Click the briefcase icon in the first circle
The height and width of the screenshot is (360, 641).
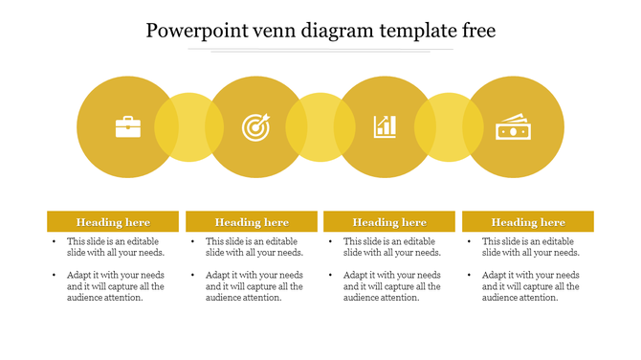(128, 126)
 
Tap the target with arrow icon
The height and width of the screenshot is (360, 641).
(255, 126)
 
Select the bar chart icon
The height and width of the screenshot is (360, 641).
(385, 126)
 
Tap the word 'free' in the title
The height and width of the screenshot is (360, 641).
(477, 31)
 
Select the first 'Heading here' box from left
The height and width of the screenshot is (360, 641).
(113, 222)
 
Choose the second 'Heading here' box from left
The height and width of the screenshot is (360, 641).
(252, 222)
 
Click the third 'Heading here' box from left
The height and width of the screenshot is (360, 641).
(389, 222)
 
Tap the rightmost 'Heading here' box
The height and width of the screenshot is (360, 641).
(528, 222)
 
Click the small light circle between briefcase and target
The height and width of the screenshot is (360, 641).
(188, 126)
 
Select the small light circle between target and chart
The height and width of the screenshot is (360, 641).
(320, 126)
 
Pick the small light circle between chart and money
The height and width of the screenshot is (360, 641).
(449, 126)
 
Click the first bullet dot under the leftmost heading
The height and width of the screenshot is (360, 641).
(55, 242)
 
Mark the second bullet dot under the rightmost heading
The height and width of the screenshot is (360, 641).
(470, 276)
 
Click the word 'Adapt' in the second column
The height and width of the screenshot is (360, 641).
(218, 275)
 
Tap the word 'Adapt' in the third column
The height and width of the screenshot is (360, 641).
(356, 275)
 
